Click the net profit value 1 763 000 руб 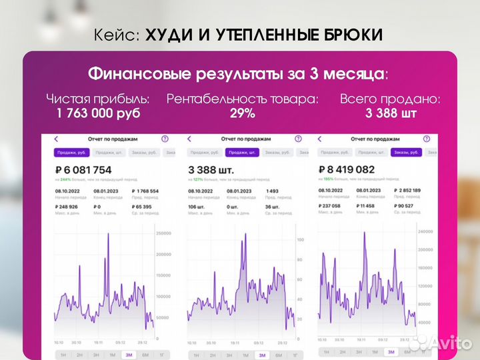98,113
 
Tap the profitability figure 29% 242,113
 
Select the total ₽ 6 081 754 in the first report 83,169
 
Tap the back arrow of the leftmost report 56,139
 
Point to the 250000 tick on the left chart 163,233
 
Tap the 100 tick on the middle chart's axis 300,239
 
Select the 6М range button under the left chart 145,355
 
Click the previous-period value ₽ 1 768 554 145,191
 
